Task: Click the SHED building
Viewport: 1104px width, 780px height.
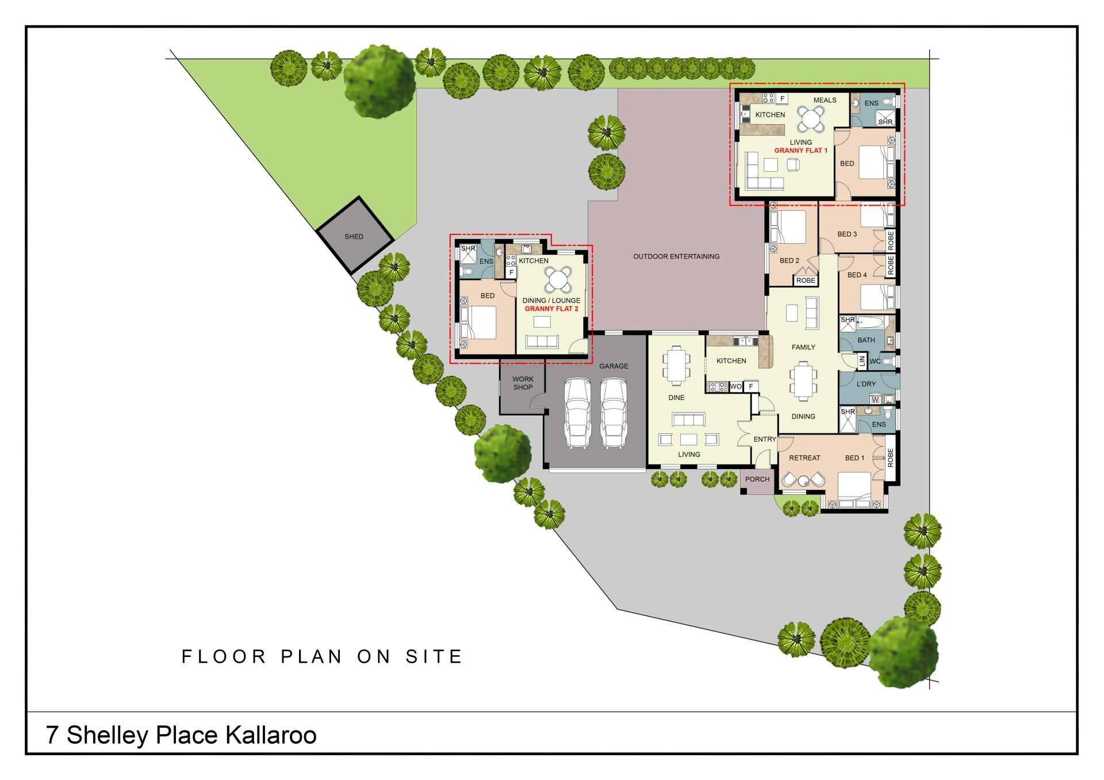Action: [x=354, y=235]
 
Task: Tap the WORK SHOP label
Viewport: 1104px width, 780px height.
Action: [x=523, y=383]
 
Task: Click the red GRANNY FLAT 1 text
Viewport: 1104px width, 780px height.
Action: [x=800, y=151]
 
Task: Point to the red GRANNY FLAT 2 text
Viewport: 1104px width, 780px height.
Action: [x=551, y=309]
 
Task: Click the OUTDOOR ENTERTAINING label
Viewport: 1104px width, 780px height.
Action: [x=676, y=256]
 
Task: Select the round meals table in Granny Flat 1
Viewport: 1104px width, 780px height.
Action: [x=810, y=120]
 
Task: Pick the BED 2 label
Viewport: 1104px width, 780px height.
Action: [x=789, y=260]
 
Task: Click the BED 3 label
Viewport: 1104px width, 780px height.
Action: [x=847, y=234]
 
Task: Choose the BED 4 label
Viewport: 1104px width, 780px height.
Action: [x=857, y=275]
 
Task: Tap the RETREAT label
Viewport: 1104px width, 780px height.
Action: [x=804, y=458]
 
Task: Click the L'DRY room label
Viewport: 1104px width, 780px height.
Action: [x=866, y=384]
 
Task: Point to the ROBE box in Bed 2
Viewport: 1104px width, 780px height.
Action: [x=806, y=281]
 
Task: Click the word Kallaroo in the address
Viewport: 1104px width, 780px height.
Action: [x=271, y=735]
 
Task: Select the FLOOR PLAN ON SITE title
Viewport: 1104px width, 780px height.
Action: [x=322, y=656]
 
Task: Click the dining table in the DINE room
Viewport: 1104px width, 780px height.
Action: [x=676, y=364]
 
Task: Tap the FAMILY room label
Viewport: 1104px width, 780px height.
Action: [x=803, y=347]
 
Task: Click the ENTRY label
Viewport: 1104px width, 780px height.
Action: [x=765, y=439]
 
